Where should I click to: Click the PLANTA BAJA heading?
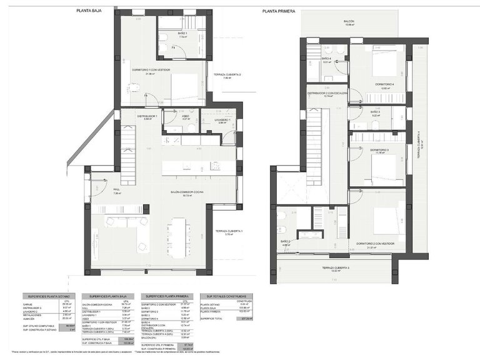point(89,11)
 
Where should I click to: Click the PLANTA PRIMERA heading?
point(279,11)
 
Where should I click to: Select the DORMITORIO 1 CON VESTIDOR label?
point(151,70)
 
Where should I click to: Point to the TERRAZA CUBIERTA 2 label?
point(227,75)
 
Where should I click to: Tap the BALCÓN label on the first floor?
point(349,21)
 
